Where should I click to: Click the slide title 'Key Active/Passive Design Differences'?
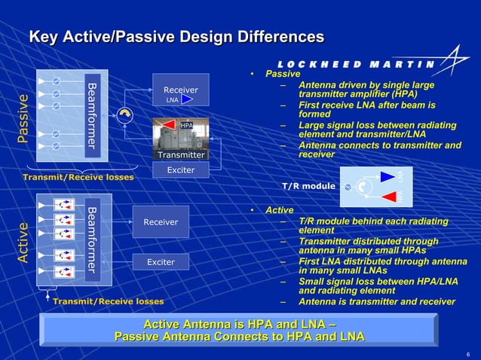[176, 37]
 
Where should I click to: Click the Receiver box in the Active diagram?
[161, 221]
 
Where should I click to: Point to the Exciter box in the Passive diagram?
[180, 170]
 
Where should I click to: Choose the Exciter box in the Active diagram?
[161, 262]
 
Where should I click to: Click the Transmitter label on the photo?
[180, 154]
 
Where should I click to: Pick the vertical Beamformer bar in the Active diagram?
[91, 239]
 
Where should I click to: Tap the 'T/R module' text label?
[308, 185]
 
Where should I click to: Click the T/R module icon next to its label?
[376, 186]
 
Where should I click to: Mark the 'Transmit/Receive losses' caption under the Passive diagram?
[78, 177]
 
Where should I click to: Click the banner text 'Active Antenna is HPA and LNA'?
[239, 324]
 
